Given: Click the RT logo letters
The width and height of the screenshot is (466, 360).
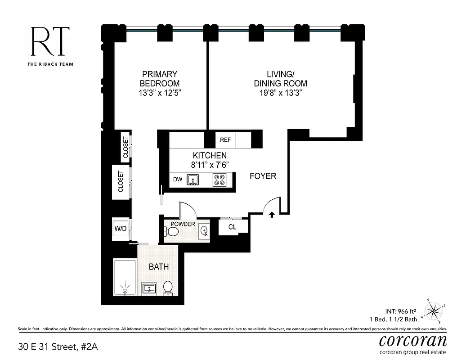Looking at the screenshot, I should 50,41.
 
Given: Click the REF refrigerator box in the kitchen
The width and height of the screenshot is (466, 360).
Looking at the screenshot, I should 225,140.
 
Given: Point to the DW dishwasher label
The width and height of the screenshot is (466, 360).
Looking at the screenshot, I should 178,180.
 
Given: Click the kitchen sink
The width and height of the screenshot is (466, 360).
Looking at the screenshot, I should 193,180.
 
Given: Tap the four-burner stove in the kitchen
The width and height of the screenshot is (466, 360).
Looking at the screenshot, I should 220,180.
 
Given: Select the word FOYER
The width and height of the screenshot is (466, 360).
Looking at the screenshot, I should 263,176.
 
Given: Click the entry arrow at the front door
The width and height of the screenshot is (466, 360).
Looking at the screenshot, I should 272,215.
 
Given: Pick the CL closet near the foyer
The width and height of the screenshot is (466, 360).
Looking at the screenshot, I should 232,227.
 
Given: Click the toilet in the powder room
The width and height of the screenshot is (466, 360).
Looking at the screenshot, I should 172,232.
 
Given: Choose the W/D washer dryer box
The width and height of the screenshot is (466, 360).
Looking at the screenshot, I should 120,228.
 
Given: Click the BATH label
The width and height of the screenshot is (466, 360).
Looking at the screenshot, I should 159,267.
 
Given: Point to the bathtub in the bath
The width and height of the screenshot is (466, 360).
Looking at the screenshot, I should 124,277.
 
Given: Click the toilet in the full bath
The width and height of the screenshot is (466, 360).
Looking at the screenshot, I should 168,288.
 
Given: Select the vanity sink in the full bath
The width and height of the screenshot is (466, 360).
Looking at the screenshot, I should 149,288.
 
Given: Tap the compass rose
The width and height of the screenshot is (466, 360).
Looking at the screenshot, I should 434,310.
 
